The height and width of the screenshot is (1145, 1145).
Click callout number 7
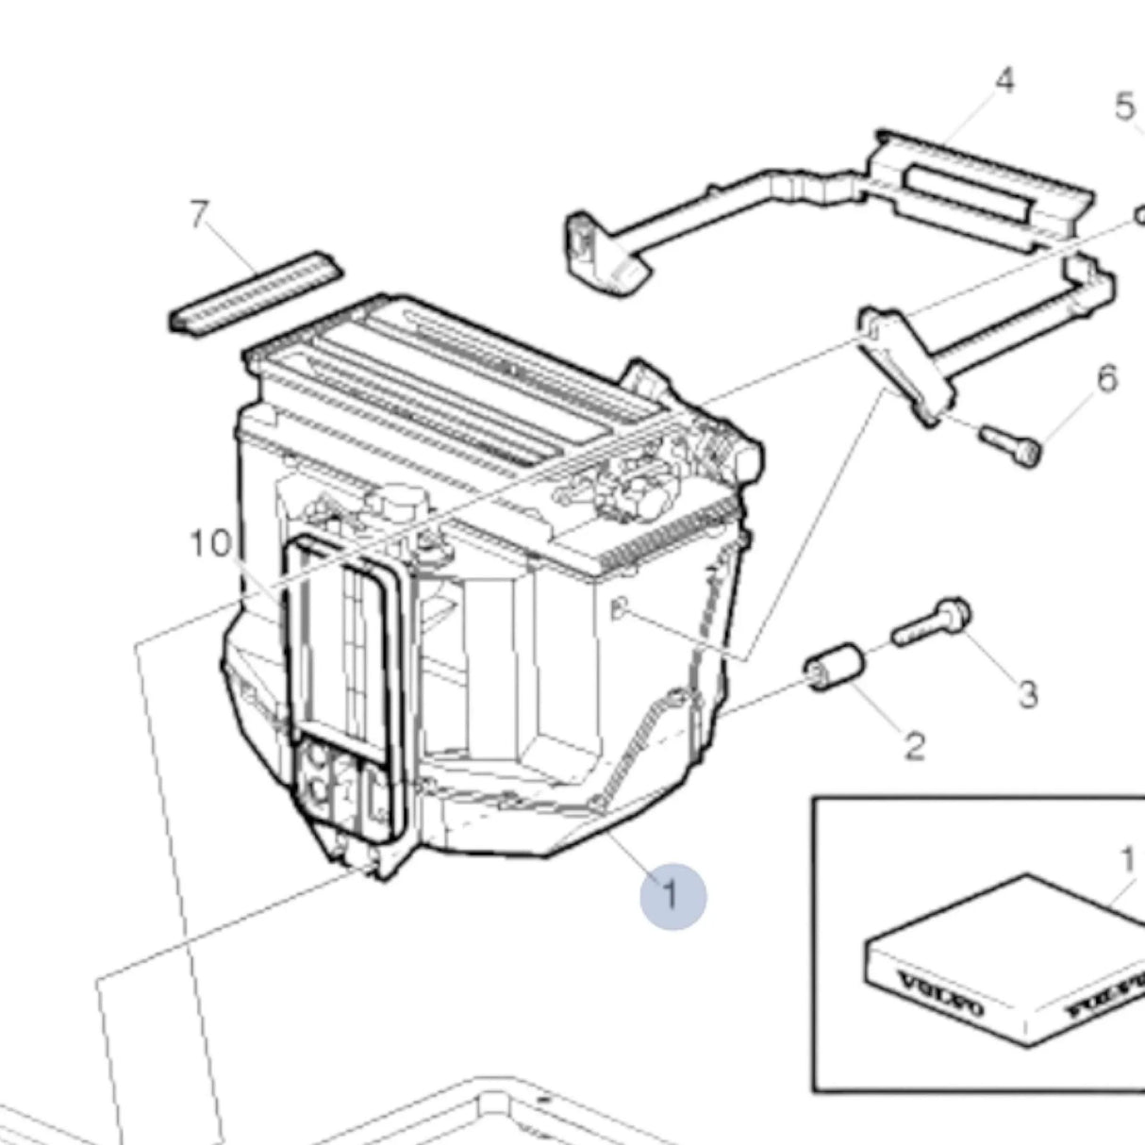[x=197, y=216]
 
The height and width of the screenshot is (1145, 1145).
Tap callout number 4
[x=1004, y=81]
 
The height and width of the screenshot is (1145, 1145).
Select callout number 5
[x=1124, y=107]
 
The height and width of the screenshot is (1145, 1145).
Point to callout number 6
[x=1106, y=379]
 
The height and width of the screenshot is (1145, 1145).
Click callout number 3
[x=1028, y=695]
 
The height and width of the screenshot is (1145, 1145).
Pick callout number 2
[x=914, y=748]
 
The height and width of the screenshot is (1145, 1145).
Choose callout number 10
[x=210, y=544]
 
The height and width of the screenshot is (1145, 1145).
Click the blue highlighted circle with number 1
[x=672, y=894]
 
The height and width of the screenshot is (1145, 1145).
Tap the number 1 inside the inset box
[x=1126, y=860]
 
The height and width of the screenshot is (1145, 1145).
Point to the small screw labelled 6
[x=1011, y=443]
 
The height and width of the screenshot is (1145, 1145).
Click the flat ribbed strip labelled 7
[x=256, y=291]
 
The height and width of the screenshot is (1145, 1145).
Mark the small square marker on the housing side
[x=618, y=610]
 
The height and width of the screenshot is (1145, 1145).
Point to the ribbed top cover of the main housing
[x=453, y=377]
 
